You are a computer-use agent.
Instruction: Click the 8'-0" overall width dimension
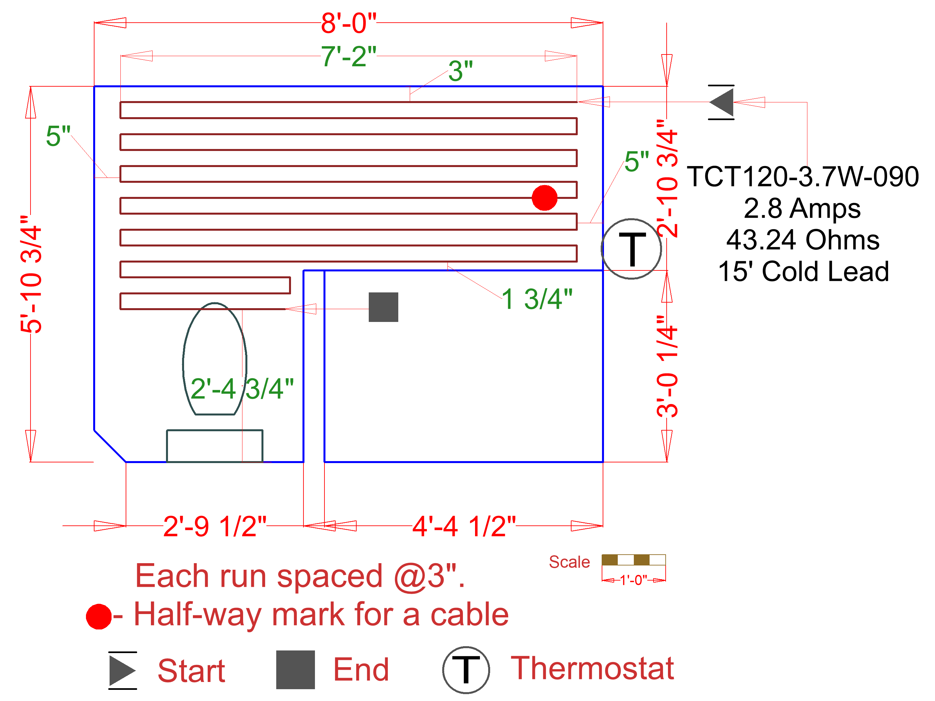348,23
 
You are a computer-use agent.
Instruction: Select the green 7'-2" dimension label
348,56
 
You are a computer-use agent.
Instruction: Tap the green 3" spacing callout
460,71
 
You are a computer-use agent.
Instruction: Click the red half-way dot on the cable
544,198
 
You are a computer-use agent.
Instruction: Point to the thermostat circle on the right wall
631,249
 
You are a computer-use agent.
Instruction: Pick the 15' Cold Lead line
803,271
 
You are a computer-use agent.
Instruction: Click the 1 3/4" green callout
537,299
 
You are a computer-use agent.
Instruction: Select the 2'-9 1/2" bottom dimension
215,526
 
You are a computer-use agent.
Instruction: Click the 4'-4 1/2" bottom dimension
464,526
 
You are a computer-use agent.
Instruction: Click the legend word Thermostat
592,669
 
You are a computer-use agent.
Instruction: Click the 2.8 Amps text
802,208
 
